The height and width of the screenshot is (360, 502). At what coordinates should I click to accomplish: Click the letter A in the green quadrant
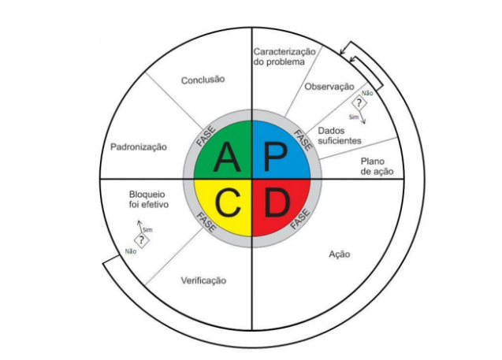[227, 157]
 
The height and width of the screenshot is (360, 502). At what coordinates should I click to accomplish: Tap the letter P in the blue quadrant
[275, 157]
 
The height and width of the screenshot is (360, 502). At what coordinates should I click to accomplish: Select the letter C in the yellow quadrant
[228, 202]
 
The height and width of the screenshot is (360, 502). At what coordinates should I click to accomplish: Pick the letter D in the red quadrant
[277, 202]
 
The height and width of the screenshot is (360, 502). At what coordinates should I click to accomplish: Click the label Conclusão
[203, 80]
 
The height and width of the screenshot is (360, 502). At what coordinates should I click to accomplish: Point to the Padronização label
[139, 147]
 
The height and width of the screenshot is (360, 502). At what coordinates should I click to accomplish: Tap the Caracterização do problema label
[284, 57]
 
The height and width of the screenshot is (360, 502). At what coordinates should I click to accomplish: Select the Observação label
[329, 87]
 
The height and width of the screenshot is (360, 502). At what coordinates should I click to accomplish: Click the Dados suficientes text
[340, 135]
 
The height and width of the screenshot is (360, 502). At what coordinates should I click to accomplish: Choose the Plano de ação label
[377, 166]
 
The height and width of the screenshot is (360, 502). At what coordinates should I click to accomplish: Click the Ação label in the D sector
[340, 254]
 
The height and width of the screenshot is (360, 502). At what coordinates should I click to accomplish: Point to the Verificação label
[203, 280]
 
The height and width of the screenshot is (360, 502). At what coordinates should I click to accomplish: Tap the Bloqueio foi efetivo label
[148, 199]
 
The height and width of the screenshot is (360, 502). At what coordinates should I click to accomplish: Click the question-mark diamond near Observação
[359, 103]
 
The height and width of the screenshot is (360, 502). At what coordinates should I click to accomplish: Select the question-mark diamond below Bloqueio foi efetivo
[142, 240]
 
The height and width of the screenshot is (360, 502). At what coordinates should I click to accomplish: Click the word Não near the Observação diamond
[367, 93]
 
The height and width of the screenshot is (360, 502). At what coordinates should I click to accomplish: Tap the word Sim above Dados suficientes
[354, 117]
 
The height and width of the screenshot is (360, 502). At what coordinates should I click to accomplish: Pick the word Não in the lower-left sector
[131, 251]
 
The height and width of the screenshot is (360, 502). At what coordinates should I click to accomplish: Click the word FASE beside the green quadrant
[206, 136]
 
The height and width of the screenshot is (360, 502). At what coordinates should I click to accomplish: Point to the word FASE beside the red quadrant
[300, 219]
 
